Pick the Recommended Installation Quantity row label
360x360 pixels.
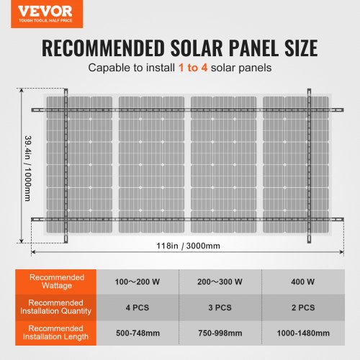coord(58,307)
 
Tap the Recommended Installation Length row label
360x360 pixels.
coord(58,333)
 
